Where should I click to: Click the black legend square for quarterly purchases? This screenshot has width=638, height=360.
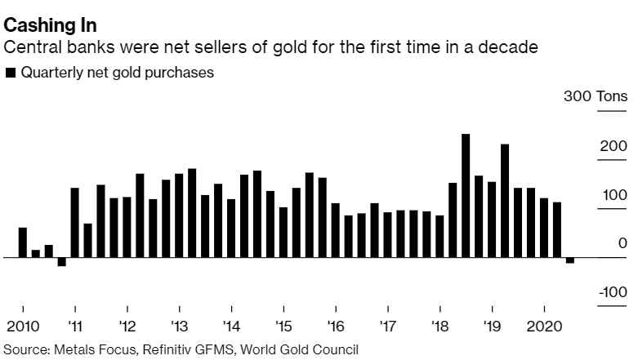click(x=10, y=73)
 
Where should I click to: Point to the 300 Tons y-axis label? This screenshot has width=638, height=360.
click(x=596, y=97)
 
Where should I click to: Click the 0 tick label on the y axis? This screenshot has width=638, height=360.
click(x=622, y=244)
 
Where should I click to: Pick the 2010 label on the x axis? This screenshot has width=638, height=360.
click(x=22, y=328)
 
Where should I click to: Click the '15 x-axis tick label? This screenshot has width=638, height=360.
click(x=283, y=328)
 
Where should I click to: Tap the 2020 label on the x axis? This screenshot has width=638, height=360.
click(x=544, y=328)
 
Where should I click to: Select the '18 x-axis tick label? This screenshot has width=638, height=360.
click(x=439, y=328)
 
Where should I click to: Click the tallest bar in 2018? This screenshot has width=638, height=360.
click(x=466, y=196)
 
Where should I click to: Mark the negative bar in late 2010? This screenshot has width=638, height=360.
click(x=61, y=262)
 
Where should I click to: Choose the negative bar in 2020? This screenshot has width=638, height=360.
click(x=570, y=260)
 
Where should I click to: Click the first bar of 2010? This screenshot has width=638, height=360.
click(x=22, y=242)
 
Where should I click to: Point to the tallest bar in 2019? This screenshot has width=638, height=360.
click(x=505, y=201)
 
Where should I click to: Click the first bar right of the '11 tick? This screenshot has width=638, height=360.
click(x=74, y=223)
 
